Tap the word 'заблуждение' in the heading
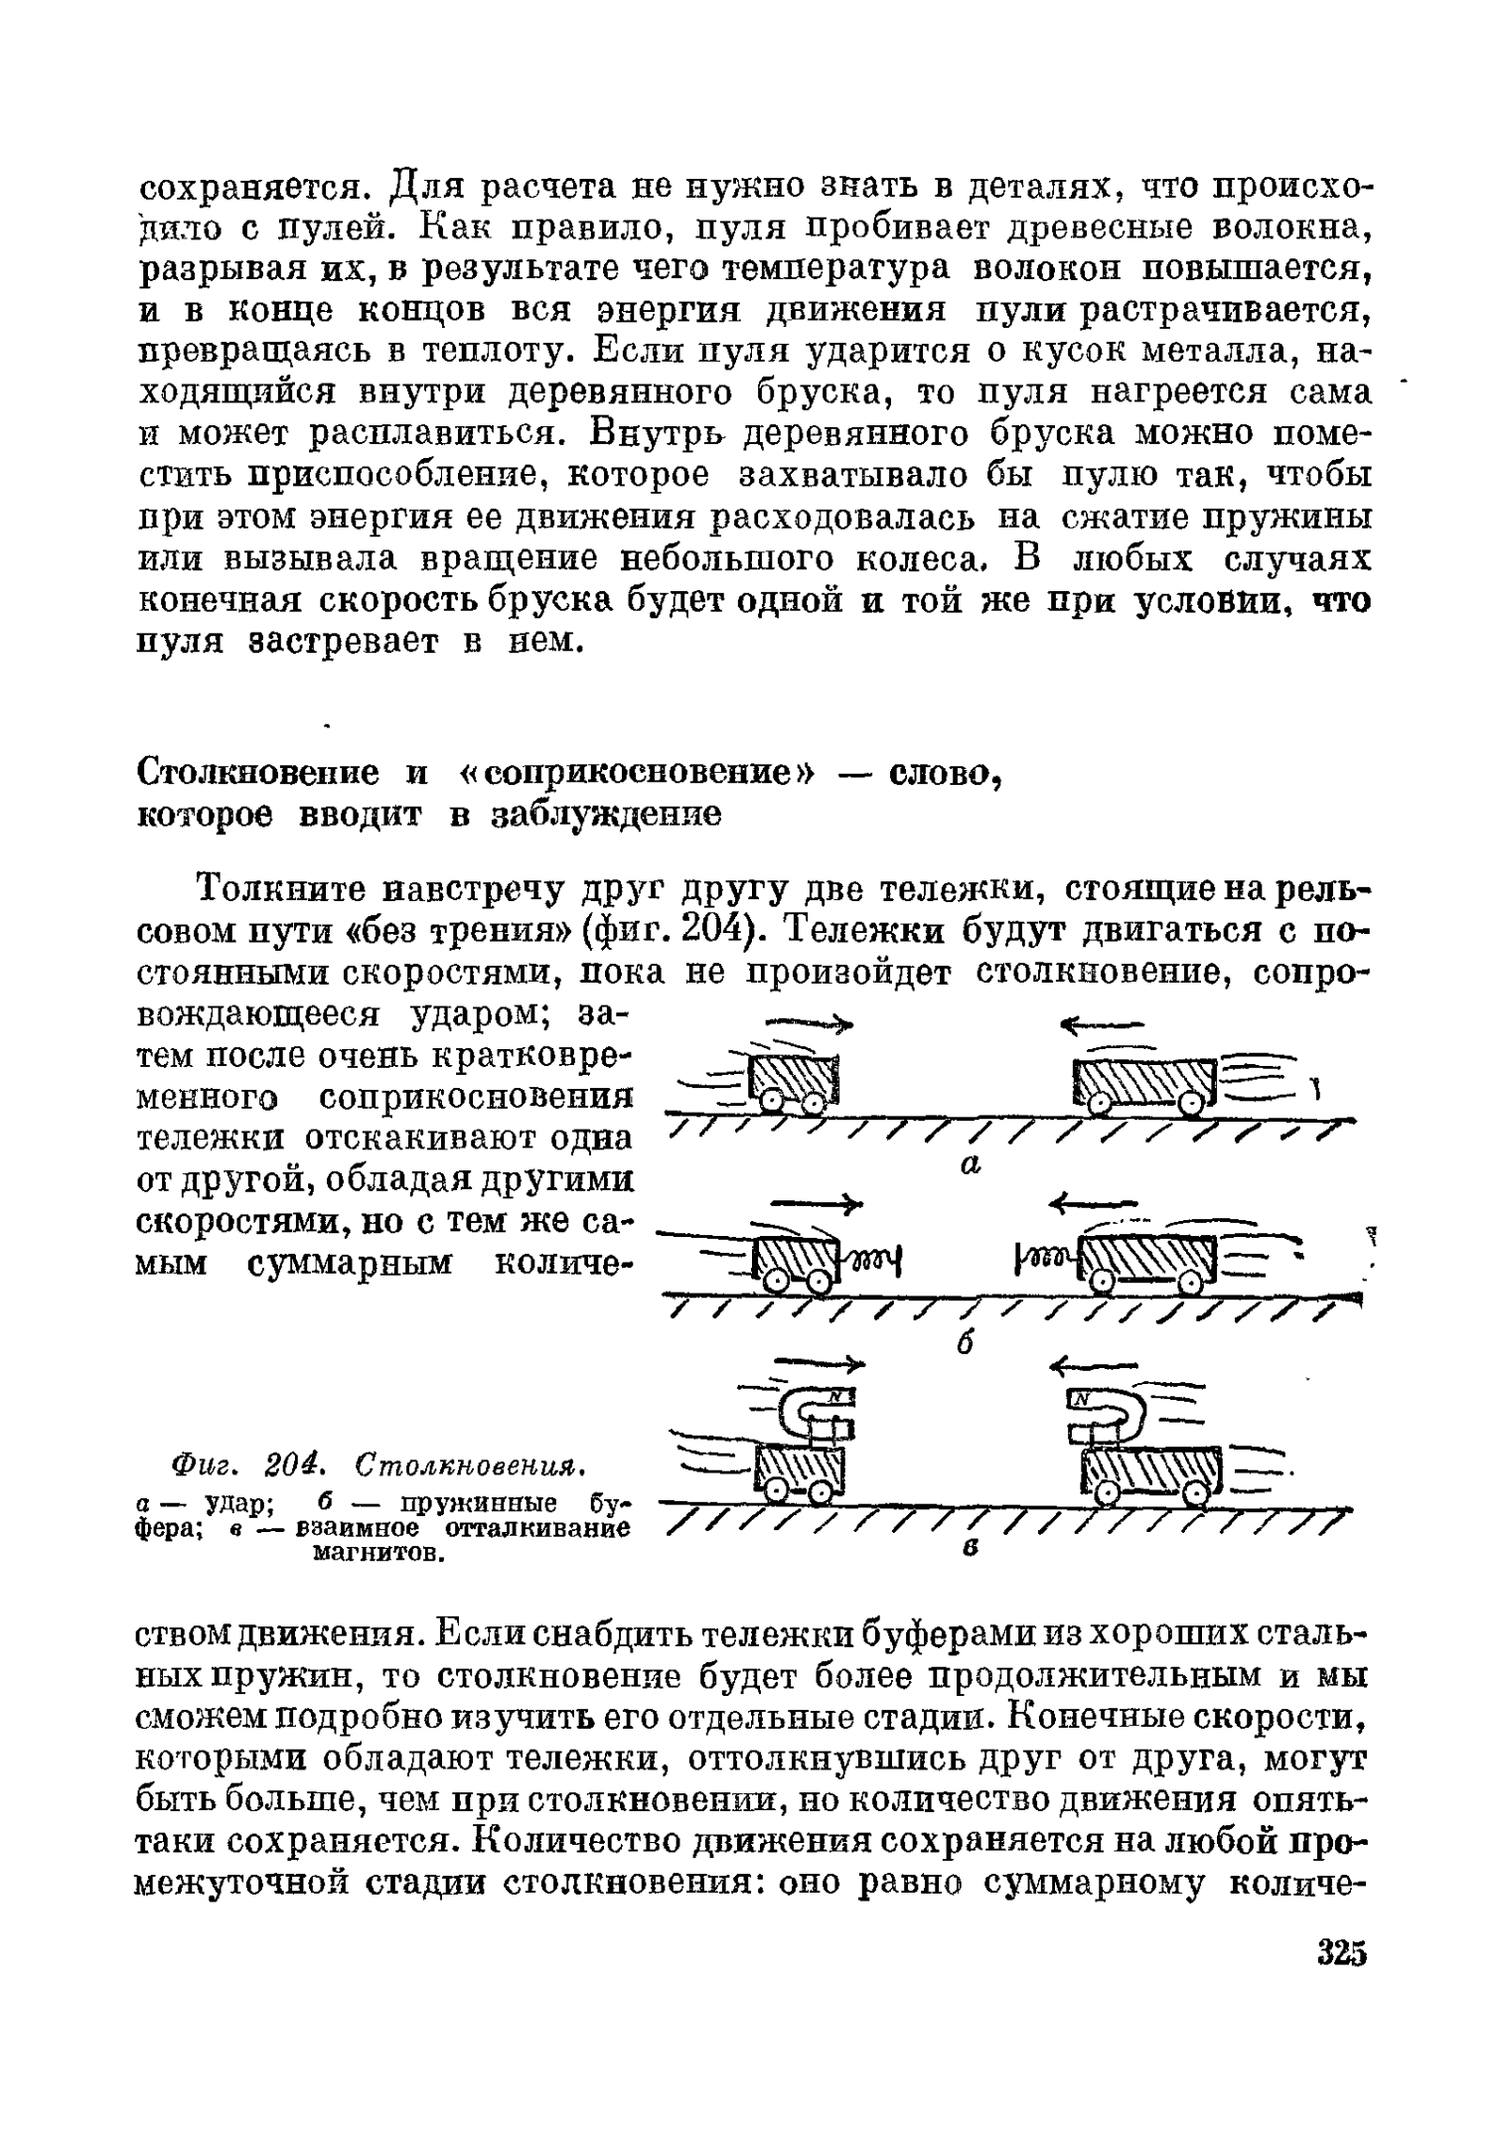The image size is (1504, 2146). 605,815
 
